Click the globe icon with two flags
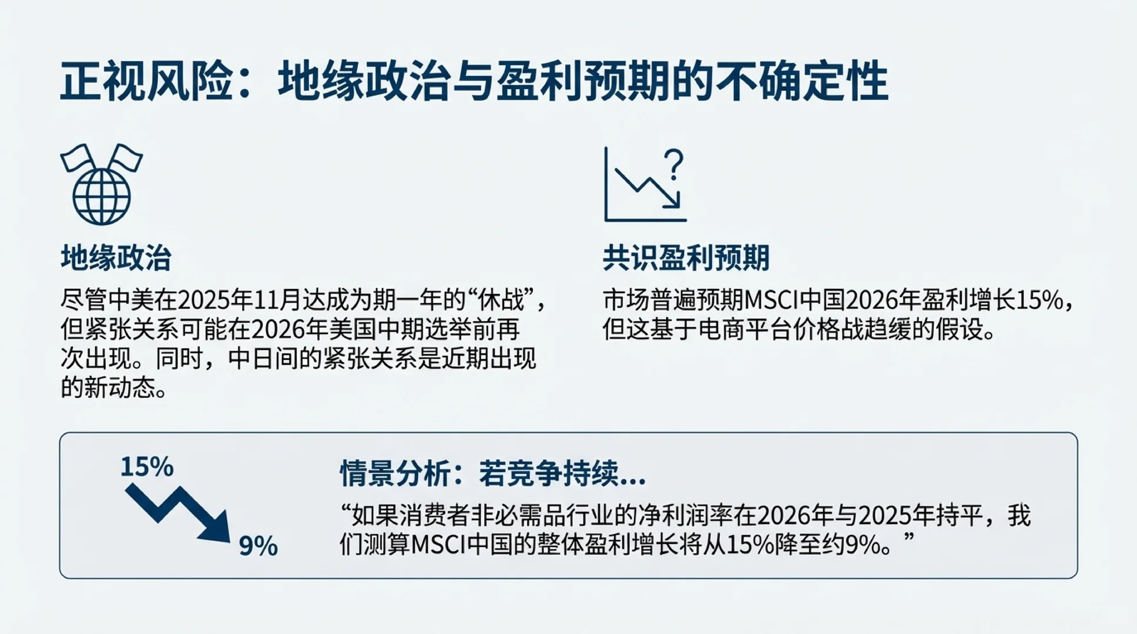click(x=101, y=184)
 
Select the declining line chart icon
click(x=644, y=186)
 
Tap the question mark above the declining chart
click(x=676, y=164)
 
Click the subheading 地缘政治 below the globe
click(x=116, y=258)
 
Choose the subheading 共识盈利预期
click(x=686, y=258)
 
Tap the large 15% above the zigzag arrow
click(x=147, y=467)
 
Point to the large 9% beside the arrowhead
click(x=258, y=546)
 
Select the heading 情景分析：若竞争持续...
click(x=492, y=473)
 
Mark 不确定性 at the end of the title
click(x=823, y=82)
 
